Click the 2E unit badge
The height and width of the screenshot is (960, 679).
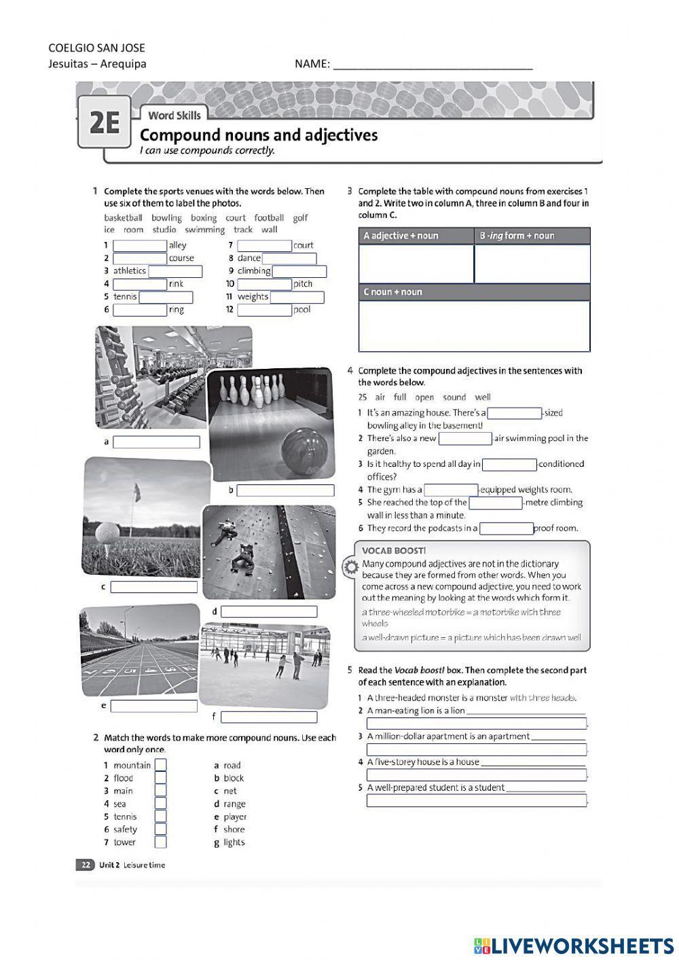(104, 123)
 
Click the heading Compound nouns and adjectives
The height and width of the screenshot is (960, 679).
(258, 135)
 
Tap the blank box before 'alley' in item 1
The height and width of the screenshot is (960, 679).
(139, 245)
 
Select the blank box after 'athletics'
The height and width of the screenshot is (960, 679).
(175, 271)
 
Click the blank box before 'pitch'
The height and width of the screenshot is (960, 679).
(264, 284)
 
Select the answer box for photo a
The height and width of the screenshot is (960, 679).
(156, 442)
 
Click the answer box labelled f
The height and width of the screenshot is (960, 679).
(269, 717)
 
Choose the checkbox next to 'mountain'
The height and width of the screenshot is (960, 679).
(160, 765)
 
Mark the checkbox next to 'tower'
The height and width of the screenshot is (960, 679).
(160, 842)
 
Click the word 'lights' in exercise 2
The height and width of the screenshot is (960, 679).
(234, 842)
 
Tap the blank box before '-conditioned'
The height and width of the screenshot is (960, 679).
(509, 465)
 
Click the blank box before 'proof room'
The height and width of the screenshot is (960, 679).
(506, 529)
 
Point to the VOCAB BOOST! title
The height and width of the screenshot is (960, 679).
(394, 551)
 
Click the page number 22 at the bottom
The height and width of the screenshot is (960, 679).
(86, 865)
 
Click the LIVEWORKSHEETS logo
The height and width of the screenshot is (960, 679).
(573, 945)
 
